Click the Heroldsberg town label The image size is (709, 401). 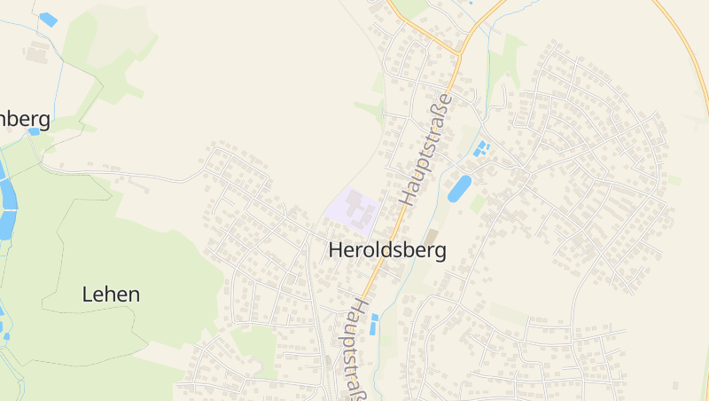tap(387, 251)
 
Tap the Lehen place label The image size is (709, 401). tap(111, 295)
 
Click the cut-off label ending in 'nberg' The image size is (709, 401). tap(24, 119)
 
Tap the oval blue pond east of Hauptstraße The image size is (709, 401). tap(459, 188)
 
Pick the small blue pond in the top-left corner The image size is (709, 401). tap(48, 19)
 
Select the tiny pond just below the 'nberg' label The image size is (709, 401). tap(34, 131)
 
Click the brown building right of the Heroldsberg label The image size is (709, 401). tap(432, 235)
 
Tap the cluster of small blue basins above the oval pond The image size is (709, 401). tap(481, 148)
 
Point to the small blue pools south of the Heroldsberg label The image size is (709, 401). tap(374, 324)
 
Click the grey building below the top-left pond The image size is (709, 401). tap(38, 52)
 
